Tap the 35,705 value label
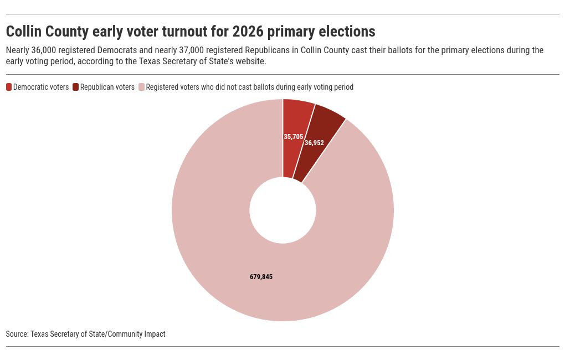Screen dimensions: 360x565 [294, 136]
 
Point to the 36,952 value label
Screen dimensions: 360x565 [314, 143]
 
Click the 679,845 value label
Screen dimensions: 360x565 [261, 277]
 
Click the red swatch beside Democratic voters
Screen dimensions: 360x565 [9, 87]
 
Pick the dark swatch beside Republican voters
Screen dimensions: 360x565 [76, 87]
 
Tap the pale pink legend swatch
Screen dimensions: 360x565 [141, 87]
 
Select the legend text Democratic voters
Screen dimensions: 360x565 [41, 87]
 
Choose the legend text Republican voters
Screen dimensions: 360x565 [107, 87]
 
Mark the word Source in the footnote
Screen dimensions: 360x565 [17, 334]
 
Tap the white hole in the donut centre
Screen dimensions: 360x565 [282, 210]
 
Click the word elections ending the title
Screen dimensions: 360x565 [346, 31]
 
